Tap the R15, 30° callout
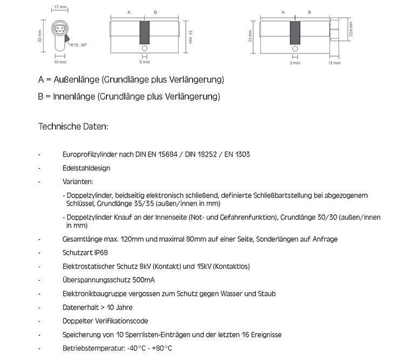[x=78, y=45]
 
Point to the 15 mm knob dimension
[x=334, y=63]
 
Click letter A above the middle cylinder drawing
[x=128, y=12]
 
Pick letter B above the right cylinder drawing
[x=309, y=12]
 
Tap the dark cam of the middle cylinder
[x=145, y=33]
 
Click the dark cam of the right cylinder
[x=295, y=33]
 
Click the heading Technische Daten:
[x=73, y=127]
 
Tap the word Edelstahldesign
[x=86, y=168]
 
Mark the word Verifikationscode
[x=120, y=321]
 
